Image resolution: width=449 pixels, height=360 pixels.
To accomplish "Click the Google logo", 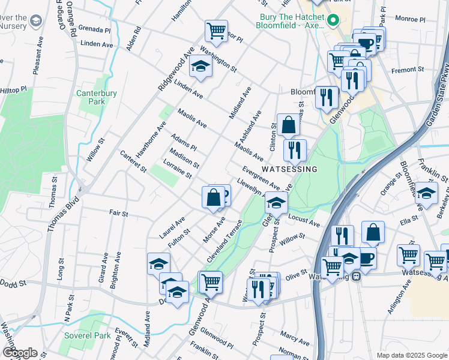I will (19, 353).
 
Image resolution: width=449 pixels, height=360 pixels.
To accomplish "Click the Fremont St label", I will (408, 70).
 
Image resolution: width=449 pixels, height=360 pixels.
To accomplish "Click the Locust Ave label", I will (304, 218).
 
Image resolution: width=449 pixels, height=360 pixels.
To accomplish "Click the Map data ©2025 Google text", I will (411, 355).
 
